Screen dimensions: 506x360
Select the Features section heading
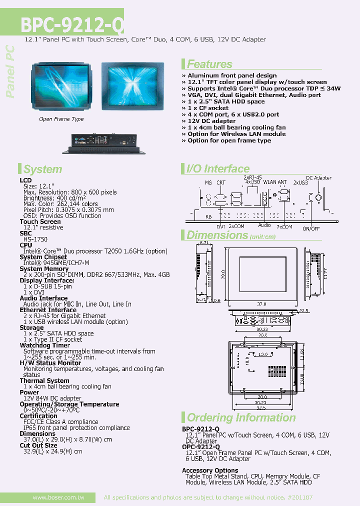click(209, 64)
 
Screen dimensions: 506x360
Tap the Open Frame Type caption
click(61, 119)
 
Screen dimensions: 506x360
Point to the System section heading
click(42, 169)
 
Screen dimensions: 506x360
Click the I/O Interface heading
click(217, 169)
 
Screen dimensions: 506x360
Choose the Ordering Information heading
click(241, 417)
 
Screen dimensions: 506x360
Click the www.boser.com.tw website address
click(58, 497)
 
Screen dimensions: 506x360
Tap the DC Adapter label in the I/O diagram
click(319, 177)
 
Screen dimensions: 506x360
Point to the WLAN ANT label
click(275, 182)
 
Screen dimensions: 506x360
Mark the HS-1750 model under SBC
click(35, 239)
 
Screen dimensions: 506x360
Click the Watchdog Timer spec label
click(45, 345)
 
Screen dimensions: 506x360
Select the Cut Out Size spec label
click(38, 445)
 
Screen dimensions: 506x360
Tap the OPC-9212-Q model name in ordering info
click(200, 447)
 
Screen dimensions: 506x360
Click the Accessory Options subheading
click(210, 470)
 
